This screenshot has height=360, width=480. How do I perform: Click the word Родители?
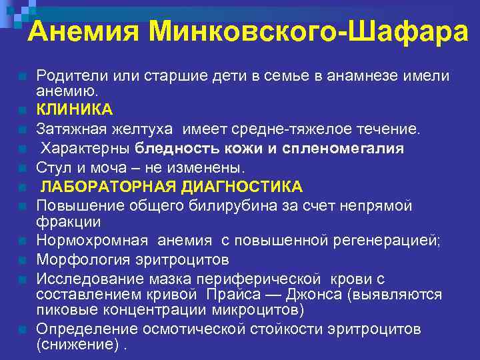tap(70, 77)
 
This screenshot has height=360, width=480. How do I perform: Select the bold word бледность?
tap(173, 148)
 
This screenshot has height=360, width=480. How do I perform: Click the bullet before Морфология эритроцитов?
tap(23, 259)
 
